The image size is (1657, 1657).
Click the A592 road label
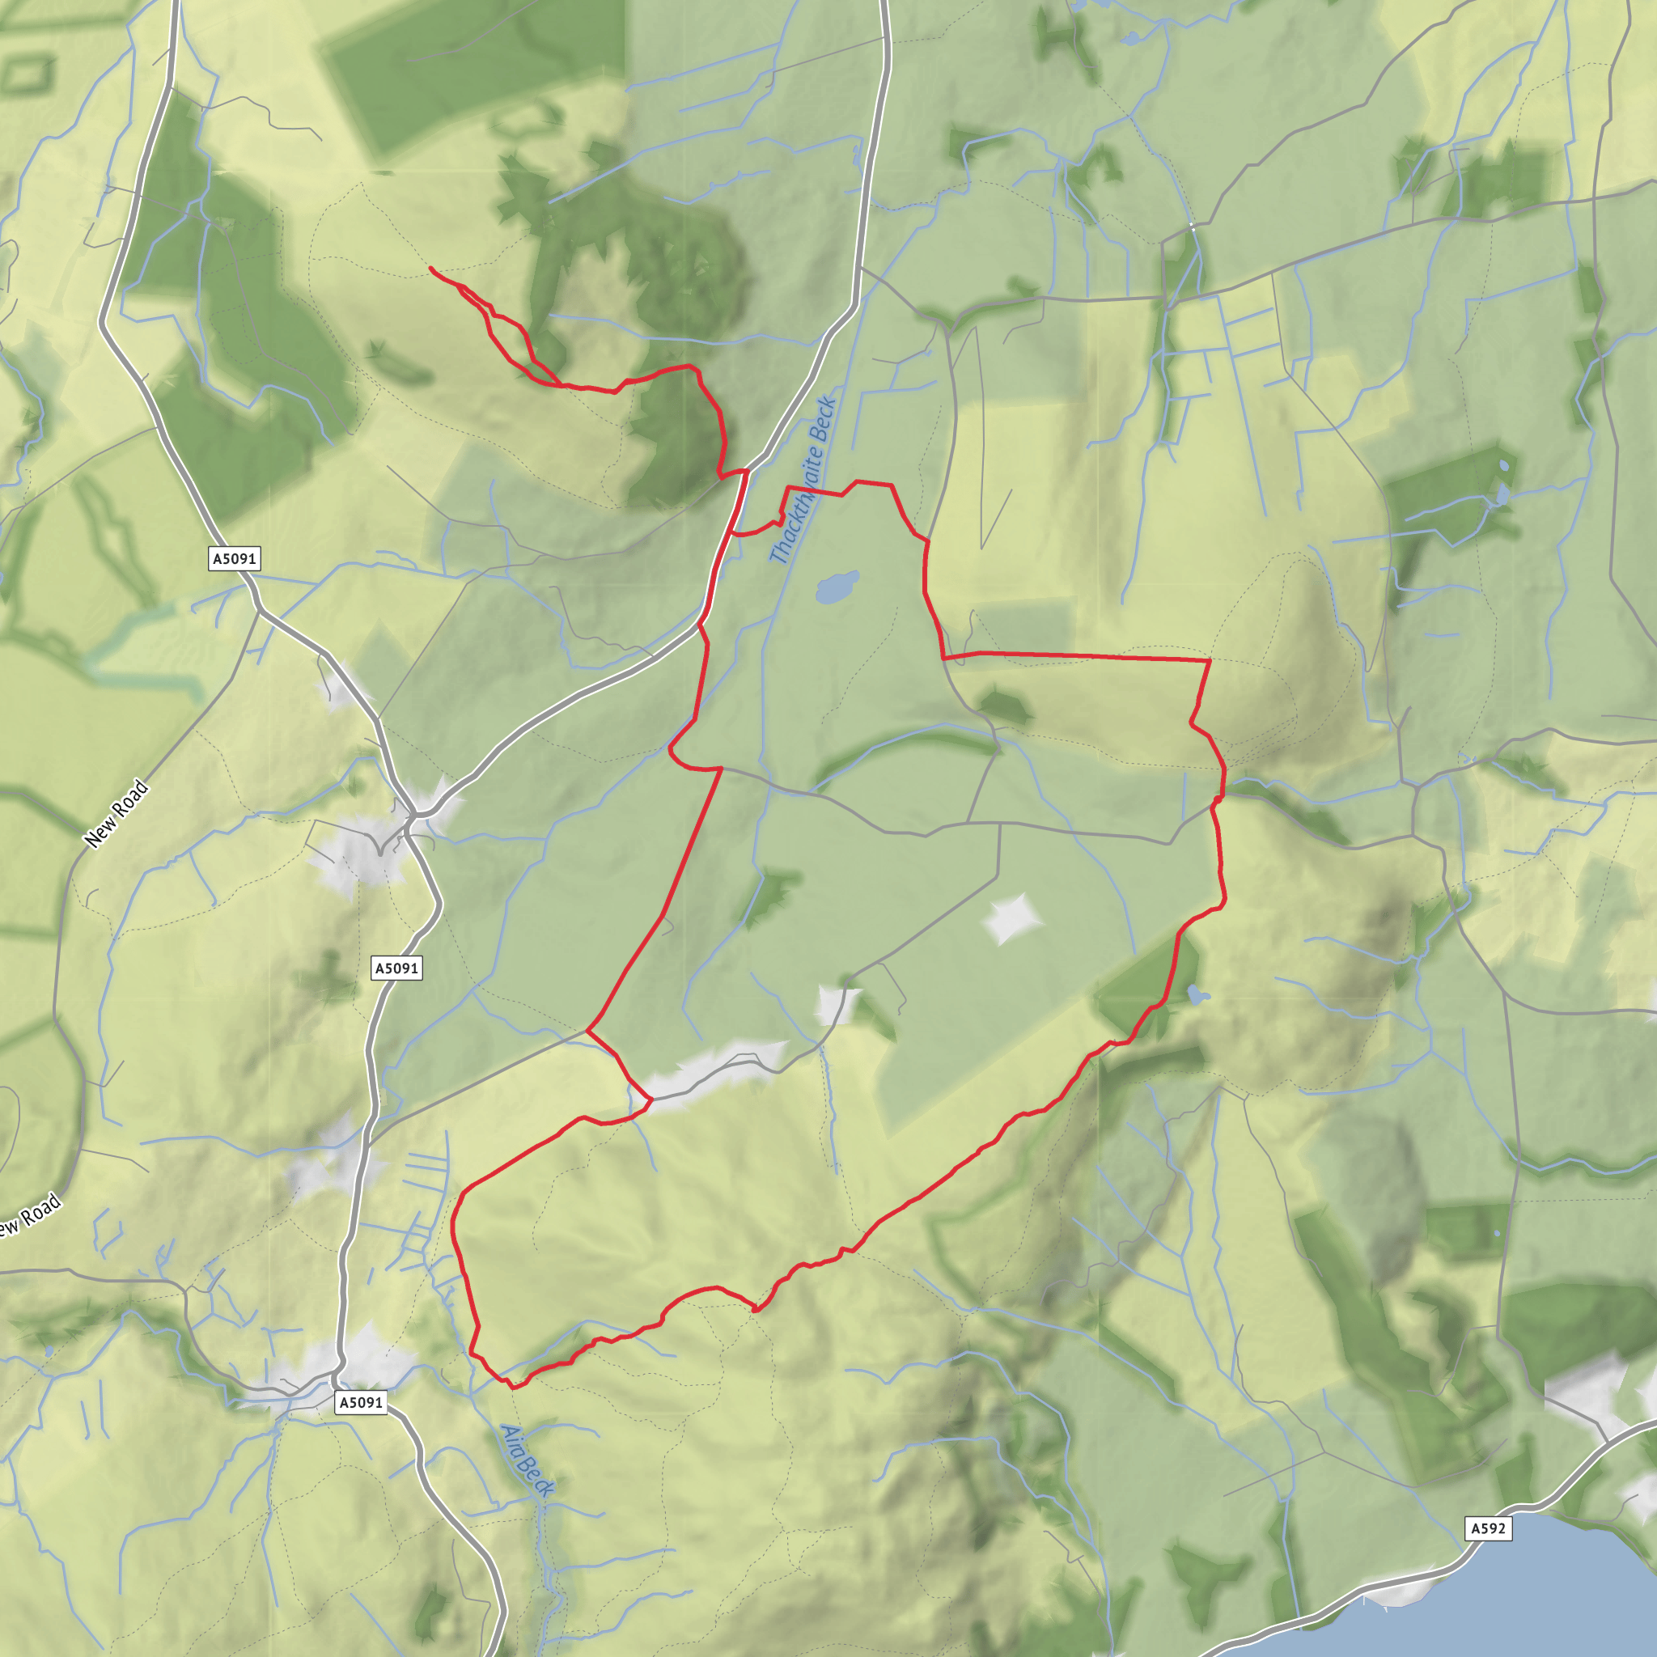(1487, 1528)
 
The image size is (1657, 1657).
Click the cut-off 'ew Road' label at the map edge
(30, 1216)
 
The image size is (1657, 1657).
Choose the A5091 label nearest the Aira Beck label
(361, 1402)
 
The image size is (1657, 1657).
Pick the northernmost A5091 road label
(234, 559)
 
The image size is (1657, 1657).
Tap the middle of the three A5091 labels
(397, 968)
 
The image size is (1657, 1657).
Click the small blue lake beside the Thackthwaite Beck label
(837, 587)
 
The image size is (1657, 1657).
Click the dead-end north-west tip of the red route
(430, 268)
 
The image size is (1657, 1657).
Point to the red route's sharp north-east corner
(1209, 660)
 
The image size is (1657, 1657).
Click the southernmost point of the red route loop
(513, 1387)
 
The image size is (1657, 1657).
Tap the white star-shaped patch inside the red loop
(1012, 917)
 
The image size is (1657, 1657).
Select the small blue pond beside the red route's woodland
(1197, 997)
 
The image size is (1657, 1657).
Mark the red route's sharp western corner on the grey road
(587, 1031)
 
